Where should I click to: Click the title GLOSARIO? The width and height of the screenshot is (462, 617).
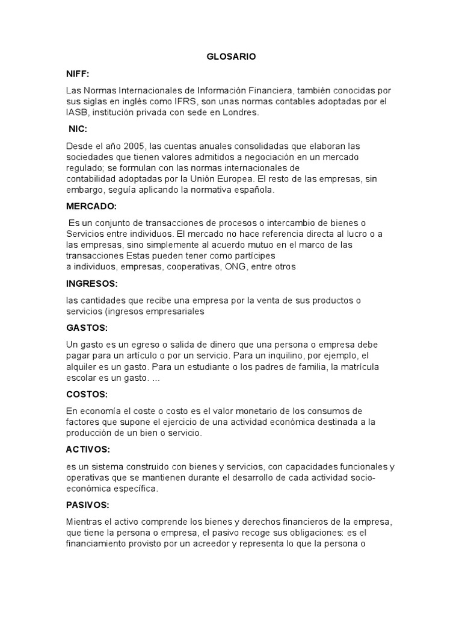231,56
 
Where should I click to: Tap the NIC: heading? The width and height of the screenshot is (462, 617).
78,129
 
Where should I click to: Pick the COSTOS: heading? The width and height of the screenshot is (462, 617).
87,394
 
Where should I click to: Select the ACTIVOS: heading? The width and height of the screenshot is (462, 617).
88,449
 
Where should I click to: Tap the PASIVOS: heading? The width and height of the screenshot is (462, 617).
88,505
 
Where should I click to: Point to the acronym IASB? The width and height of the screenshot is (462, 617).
77,112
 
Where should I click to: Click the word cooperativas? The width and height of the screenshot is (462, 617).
194,267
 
